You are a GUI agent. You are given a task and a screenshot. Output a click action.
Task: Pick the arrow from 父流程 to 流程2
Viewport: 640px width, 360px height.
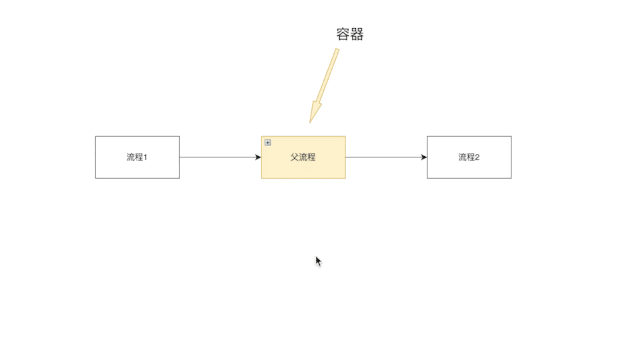pos(385,157)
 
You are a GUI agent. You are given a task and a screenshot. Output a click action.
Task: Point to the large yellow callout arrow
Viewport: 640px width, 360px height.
pos(324,86)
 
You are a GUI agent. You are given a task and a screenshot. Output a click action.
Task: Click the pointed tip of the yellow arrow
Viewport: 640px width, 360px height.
pos(311,122)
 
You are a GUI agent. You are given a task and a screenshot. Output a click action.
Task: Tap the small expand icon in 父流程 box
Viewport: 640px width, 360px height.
pos(268,143)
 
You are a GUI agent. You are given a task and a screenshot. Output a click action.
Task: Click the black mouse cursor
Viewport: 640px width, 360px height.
pos(318,262)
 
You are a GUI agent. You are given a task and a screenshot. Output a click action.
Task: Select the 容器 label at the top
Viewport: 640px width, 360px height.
pos(350,34)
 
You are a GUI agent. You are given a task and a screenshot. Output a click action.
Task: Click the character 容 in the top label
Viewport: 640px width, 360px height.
pos(343,34)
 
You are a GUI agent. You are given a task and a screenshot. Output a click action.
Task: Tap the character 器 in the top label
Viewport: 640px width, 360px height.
pos(357,34)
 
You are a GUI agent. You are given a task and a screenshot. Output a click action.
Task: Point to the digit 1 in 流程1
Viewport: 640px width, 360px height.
pos(145,157)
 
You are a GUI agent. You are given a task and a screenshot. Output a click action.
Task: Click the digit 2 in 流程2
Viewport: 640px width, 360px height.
pos(477,157)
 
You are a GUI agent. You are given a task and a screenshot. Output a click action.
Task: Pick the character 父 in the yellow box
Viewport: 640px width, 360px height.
pos(295,157)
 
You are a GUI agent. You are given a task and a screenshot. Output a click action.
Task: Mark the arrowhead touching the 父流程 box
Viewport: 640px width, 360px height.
pos(258,157)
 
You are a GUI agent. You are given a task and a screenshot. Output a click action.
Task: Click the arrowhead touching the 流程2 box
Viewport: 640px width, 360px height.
pos(424,157)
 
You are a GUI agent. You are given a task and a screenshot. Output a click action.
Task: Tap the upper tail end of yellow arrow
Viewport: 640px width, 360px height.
pos(336,50)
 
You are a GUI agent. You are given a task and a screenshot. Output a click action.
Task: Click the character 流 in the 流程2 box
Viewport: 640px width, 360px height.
pos(462,157)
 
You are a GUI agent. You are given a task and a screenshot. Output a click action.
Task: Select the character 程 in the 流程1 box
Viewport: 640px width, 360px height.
pos(138,157)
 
